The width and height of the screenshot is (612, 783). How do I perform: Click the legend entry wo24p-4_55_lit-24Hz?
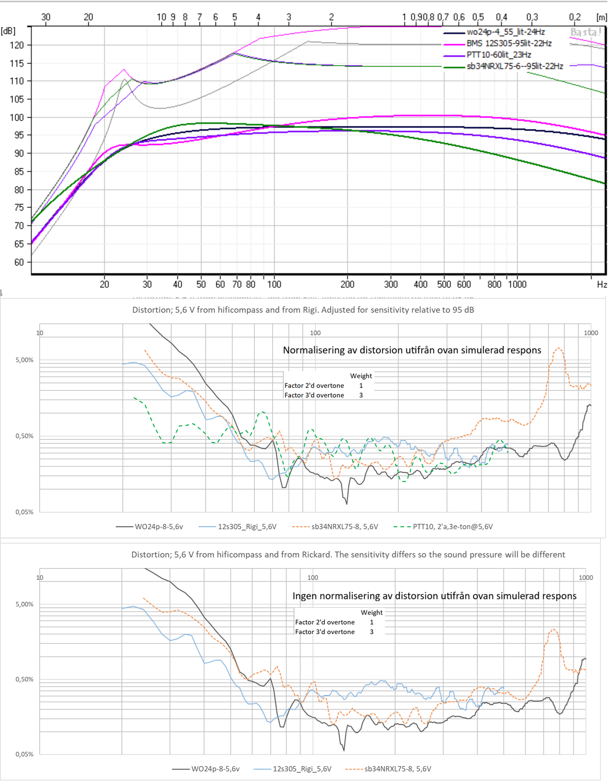[505, 32]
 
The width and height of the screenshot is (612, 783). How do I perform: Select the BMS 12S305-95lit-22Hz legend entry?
[509, 43]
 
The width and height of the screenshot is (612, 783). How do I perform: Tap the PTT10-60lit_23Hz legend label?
[499, 54]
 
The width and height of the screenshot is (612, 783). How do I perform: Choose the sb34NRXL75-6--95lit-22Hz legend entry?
[514, 66]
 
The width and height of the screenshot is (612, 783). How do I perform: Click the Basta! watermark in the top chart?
[586, 32]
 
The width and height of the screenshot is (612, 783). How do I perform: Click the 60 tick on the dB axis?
[19, 262]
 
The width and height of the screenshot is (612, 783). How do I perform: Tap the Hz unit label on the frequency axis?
[602, 284]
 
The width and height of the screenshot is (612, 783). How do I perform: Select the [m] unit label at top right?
[601, 17]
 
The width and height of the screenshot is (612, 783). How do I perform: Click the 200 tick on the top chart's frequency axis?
[347, 284]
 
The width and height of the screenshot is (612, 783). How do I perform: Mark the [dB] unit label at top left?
[8, 31]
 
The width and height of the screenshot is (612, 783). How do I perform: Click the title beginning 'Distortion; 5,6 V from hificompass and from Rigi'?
[303, 310]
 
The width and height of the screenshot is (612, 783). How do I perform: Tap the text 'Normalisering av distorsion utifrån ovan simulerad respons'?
[412, 350]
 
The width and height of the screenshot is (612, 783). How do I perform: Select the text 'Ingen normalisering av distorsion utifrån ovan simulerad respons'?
[434, 596]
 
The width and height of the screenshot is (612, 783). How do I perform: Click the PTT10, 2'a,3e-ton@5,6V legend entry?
[453, 527]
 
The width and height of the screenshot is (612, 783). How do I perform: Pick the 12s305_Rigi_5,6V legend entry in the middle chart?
[247, 527]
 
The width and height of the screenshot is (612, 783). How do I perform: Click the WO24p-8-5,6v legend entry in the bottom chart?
[215, 769]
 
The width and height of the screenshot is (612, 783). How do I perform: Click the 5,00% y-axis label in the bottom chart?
[24, 604]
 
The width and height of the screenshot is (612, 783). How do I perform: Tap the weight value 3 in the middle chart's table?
[361, 395]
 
